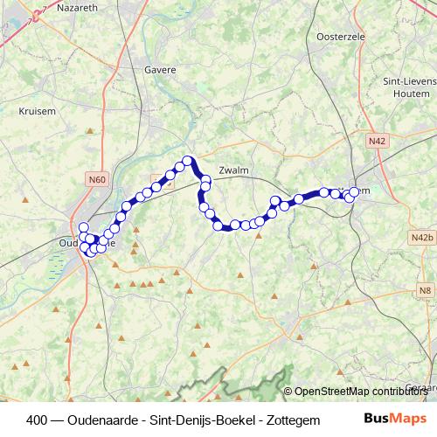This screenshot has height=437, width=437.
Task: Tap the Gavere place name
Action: [161, 70]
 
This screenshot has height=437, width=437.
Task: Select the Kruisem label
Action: [38, 111]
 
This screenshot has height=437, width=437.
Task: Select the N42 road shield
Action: [378, 140]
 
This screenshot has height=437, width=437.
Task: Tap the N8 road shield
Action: [425, 291]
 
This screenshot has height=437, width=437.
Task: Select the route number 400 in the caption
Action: [38, 419]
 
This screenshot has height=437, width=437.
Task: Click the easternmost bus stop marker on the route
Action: [355, 192]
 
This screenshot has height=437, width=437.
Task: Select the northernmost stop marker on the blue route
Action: [187, 161]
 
